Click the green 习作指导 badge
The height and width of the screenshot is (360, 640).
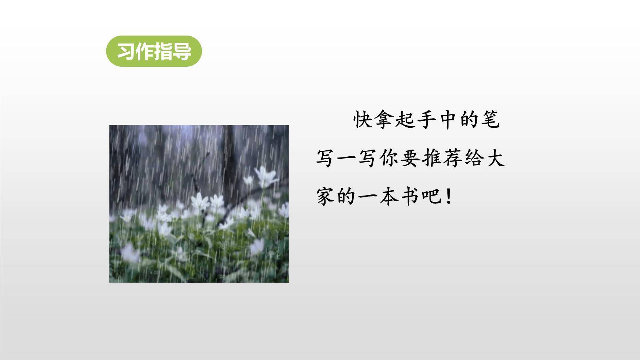154,51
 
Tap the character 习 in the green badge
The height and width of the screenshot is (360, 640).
126,51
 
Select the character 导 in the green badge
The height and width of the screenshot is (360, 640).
182,51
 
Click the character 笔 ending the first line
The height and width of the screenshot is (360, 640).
490,120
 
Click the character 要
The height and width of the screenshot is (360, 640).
410,159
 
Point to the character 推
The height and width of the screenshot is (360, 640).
431,159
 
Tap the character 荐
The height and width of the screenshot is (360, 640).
453,159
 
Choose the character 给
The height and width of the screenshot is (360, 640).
474,159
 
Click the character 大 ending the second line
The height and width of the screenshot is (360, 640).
495,159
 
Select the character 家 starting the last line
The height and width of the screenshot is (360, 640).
326,196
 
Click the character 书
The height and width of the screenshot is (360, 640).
410,196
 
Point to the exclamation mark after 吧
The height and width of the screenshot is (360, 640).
449,196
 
